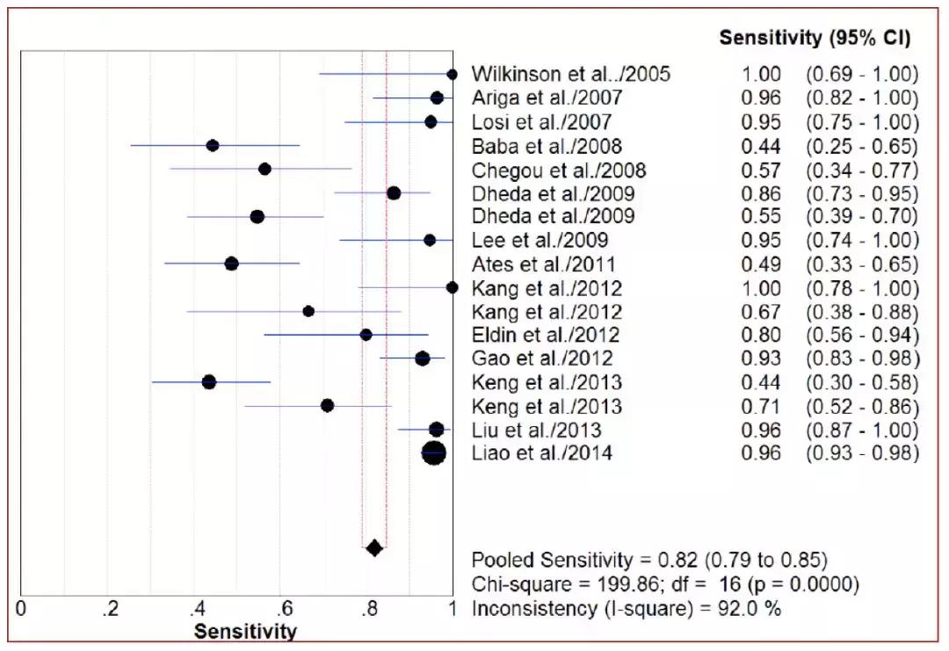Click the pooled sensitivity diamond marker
[x=374, y=548]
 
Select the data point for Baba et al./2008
[x=212, y=146]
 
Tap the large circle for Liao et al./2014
[x=434, y=453]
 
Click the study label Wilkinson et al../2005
[x=571, y=74]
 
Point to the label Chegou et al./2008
[x=559, y=170]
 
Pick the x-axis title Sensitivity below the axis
[x=245, y=631]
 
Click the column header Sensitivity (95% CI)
[x=815, y=39]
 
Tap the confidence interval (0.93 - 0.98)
[x=862, y=454]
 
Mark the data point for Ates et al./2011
[x=231, y=264]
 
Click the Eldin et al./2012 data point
[x=366, y=335]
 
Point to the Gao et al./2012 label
[x=542, y=358]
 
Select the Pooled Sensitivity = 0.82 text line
[x=649, y=560]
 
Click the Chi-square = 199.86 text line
[x=664, y=583]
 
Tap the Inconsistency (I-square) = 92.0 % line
[x=626, y=608]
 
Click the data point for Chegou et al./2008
[x=264, y=169]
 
